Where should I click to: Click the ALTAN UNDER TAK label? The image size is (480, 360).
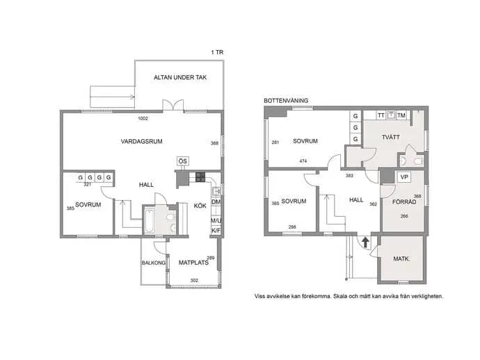(180, 77)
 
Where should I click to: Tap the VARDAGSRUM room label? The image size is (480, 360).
(141, 141)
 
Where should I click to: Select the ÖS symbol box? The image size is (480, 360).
(183, 161)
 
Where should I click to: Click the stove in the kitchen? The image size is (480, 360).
(200, 177)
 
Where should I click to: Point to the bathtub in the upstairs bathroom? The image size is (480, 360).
(150, 220)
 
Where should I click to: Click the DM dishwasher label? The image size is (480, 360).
(216, 202)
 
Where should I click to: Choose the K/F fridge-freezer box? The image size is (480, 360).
(216, 231)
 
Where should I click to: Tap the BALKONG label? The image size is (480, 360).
(153, 263)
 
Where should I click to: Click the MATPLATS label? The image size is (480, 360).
(193, 263)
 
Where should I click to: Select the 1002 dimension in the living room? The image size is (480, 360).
(143, 118)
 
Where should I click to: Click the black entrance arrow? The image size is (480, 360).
(365, 243)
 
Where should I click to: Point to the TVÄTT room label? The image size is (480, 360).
(391, 137)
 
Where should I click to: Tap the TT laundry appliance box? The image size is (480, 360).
(381, 115)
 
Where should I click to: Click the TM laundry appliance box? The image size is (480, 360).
(401, 115)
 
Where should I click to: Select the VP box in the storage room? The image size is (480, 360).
(404, 177)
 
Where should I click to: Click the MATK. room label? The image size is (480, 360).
(401, 259)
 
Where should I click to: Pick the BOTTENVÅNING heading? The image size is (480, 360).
(286, 101)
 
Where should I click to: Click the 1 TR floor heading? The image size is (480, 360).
(217, 52)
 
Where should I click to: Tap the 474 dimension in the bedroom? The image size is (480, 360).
(303, 161)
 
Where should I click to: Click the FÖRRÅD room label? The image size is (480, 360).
(404, 202)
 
